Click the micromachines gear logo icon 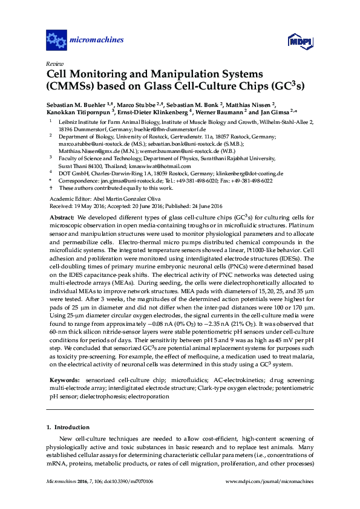click(x=56, y=41)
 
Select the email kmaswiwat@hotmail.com click(x=163, y=166)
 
